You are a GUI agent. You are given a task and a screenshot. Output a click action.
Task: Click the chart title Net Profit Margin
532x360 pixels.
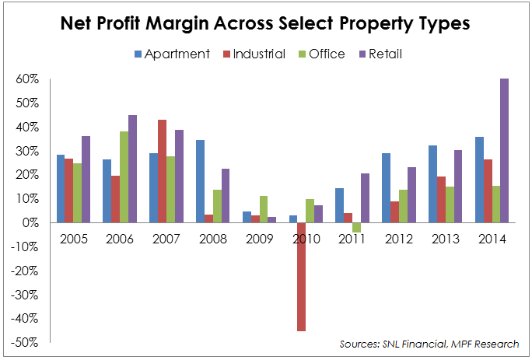[265, 24]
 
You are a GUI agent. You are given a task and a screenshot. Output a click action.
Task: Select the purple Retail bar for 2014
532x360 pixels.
[504, 151]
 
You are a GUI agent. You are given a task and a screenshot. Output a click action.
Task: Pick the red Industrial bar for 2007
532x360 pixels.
[163, 171]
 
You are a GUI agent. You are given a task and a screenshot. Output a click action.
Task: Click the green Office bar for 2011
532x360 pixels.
[357, 228]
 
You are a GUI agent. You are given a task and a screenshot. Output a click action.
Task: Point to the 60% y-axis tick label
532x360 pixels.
[29, 79]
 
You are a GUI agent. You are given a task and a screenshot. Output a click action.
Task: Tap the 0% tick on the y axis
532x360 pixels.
[32, 223]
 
